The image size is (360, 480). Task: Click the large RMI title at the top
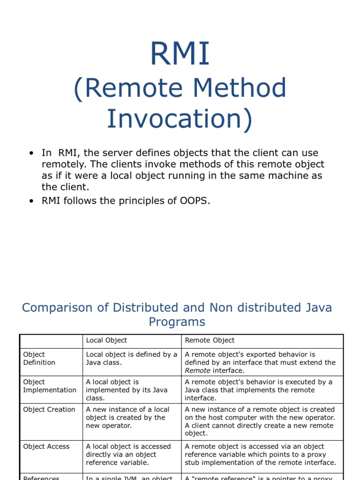coord(180,54)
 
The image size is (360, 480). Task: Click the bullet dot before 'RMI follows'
coord(31,201)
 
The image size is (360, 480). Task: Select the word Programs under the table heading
coord(177,322)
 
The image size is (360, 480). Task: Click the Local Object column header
coord(106,340)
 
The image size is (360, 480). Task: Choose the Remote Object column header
coord(210,340)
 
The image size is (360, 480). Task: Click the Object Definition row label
coord(39,359)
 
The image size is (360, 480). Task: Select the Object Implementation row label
coord(50,386)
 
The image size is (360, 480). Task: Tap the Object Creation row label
coord(49,409)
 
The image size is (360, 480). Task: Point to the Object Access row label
coord(46,446)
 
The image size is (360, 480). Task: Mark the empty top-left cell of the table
coord(51,341)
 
